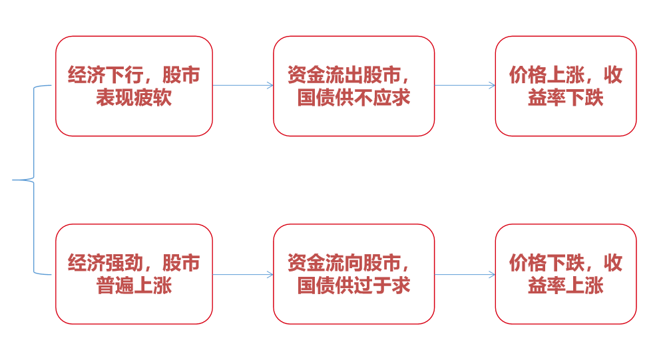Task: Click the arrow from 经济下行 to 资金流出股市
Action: pos(243,85)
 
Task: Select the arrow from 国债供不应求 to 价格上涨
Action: pos(465,85)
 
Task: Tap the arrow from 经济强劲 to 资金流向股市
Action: pos(243,274)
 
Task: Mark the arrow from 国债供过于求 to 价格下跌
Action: pos(465,274)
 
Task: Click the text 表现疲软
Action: pos(134,98)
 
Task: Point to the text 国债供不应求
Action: pos(353,98)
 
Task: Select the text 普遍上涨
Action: pos(134,285)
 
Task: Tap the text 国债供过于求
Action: pos(353,285)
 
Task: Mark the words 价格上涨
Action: pos(537,75)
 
